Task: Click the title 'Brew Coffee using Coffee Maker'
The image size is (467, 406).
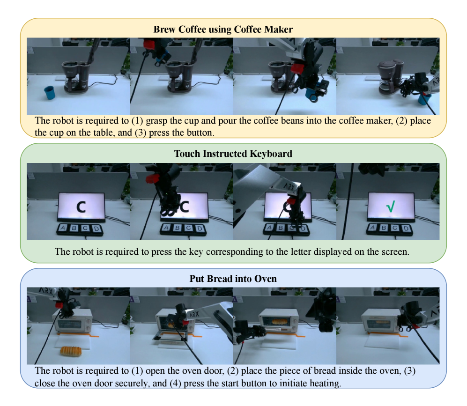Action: (x=223, y=30)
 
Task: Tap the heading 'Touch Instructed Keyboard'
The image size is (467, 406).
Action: (x=233, y=154)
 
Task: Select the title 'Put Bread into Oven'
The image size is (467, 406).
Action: (x=233, y=279)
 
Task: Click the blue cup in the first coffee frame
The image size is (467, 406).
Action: (x=50, y=93)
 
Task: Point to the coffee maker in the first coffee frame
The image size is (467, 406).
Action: (x=76, y=76)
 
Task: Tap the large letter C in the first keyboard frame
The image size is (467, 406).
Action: (x=81, y=207)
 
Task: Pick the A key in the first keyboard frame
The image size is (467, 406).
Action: (x=63, y=228)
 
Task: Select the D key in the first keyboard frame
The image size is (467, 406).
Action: (x=96, y=229)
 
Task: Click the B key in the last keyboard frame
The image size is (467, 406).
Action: (x=384, y=228)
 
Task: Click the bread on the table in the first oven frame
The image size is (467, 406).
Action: (x=71, y=351)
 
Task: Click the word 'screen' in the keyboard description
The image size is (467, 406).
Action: (x=394, y=252)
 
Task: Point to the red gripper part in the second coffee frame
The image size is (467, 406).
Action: (x=149, y=44)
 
